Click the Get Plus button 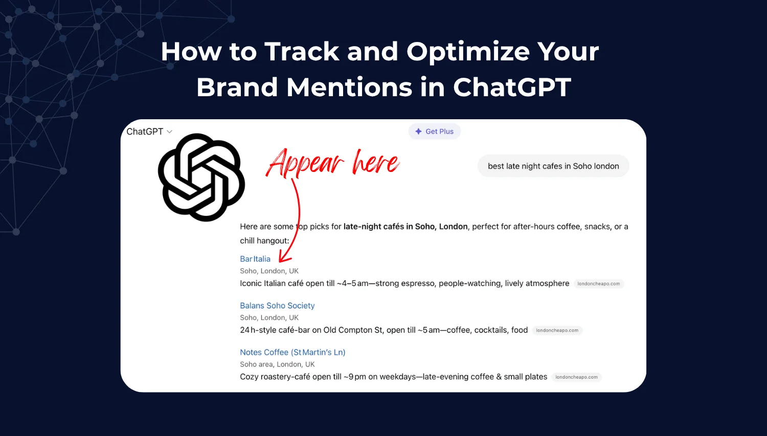tap(435, 132)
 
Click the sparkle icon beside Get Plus tap(419, 132)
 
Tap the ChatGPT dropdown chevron tap(170, 132)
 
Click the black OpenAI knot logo tap(201, 178)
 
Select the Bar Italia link tap(255, 259)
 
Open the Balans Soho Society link tap(277, 306)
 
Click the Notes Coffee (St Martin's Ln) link tap(292, 352)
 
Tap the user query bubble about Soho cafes tap(553, 166)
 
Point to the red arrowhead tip tap(280, 261)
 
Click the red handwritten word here tap(375, 163)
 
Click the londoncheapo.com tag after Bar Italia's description tap(598, 284)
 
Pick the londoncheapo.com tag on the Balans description tap(557, 331)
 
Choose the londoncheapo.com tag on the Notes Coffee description tap(576, 377)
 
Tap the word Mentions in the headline tap(349, 87)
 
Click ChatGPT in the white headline tap(512, 87)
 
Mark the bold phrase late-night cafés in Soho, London tap(405, 227)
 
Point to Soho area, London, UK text tap(277, 364)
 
